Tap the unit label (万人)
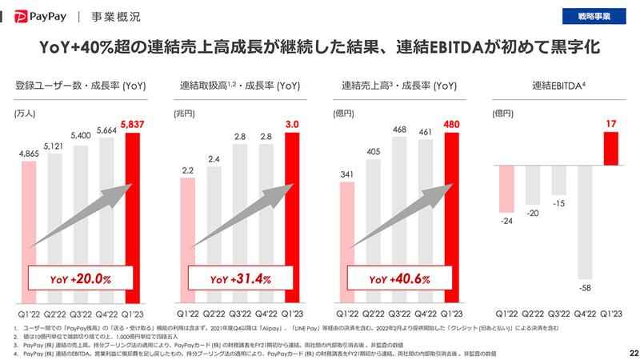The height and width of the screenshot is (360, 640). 26,114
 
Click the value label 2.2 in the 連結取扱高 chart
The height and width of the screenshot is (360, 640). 188,170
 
